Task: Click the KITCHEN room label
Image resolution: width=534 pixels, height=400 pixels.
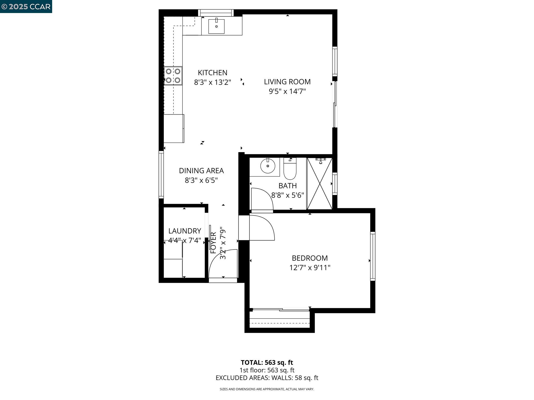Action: [x=212, y=73]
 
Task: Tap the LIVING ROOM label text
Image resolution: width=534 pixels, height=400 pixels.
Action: [x=287, y=82]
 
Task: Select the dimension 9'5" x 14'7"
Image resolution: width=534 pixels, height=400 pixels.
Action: [x=287, y=91]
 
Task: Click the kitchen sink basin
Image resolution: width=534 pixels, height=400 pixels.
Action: [x=216, y=26]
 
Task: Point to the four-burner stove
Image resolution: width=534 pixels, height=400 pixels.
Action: [x=173, y=76]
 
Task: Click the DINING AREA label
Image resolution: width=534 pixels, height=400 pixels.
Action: [x=201, y=171]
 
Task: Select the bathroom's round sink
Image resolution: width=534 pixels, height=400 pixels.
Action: [x=268, y=166]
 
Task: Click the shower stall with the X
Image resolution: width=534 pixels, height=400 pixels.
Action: [x=320, y=183]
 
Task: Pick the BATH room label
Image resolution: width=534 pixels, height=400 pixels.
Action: [x=287, y=186]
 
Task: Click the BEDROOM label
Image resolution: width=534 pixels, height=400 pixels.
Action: [x=310, y=258]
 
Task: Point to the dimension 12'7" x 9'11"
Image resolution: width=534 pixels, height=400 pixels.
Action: [x=310, y=268]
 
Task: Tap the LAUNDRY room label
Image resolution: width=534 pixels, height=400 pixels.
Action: [x=185, y=231]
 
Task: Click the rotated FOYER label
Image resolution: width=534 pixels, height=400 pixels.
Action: [x=213, y=242]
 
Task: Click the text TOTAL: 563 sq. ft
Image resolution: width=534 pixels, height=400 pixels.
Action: [x=267, y=362]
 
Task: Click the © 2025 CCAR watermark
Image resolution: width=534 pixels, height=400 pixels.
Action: [x=26, y=7]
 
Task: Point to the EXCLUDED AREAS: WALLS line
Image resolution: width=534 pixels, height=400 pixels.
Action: [x=267, y=378]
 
